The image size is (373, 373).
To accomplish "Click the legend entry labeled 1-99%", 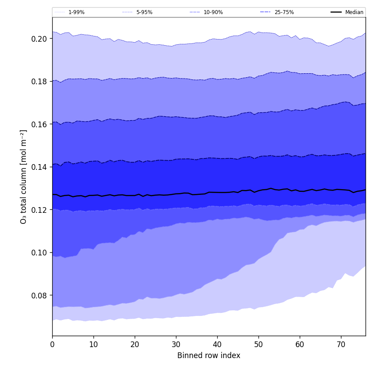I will pyautogui.click(x=76, y=12).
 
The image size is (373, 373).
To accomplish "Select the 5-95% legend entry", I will pyautogui.click(x=144, y=12).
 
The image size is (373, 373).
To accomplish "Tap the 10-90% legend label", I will pyautogui.click(x=213, y=12).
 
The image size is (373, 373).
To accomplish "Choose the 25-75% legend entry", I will pyautogui.click(x=284, y=12).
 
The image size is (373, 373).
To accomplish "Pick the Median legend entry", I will pyautogui.click(x=354, y=12).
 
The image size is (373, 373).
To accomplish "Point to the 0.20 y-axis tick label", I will pyautogui.click(x=39, y=39).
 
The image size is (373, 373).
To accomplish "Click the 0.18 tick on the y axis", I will pyautogui.click(x=39, y=81).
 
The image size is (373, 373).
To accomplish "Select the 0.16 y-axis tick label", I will pyautogui.click(x=39, y=124).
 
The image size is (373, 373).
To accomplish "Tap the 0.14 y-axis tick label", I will pyautogui.click(x=39, y=167).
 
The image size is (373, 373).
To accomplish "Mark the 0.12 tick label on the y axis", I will pyautogui.click(x=39, y=210).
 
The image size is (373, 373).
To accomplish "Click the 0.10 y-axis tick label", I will pyautogui.click(x=39, y=252).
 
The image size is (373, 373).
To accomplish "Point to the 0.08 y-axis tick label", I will pyautogui.click(x=39, y=295).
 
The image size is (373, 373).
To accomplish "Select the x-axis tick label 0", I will pyautogui.click(x=52, y=344).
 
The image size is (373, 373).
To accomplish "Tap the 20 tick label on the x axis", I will pyautogui.click(x=135, y=344).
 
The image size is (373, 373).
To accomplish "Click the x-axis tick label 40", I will pyautogui.click(x=217, y=344).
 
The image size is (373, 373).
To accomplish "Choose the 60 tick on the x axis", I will pyautogui.click(x=300, y=344).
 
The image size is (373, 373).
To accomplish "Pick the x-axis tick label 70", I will pyautogui.click(x=341, y=344).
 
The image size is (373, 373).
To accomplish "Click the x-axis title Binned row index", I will pyautogui.click(x=209, y=355).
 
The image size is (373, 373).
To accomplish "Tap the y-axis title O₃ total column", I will pyautogui.click(x=24, y=176).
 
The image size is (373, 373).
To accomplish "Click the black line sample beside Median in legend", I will pyautogui.click(x=337, y=12).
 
